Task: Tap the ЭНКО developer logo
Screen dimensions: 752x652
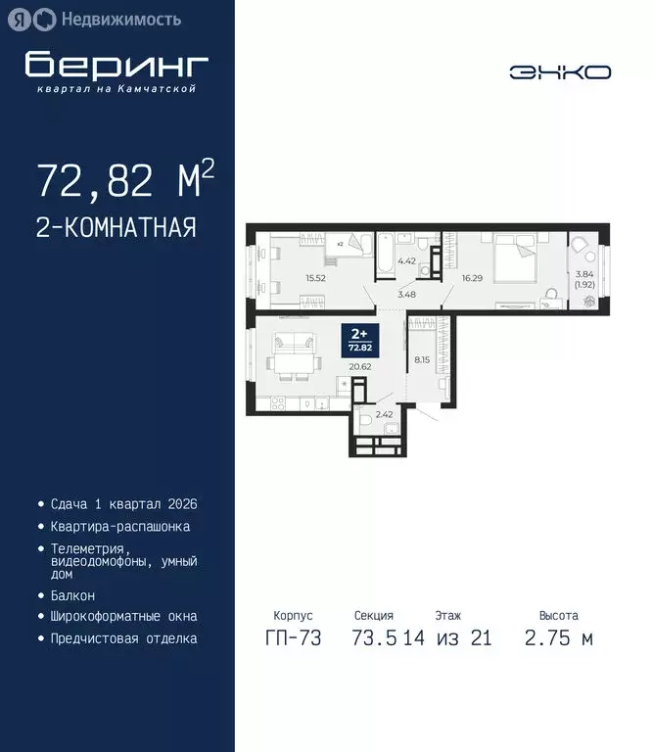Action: tap(560, 71)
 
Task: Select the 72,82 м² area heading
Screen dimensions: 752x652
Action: tap(124, 181)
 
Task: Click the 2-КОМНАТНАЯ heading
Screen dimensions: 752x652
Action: tap(116, 228)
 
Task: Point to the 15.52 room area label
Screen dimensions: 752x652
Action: tap(315, 278)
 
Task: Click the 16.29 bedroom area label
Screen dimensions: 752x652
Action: tap(473, 278)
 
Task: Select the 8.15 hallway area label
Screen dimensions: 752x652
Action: tap(422, 358)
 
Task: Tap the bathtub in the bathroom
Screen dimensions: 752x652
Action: tap(386, 253)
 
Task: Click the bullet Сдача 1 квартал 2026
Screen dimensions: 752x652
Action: tap(123, 504)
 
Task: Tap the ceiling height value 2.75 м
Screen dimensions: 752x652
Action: tap(558, 638)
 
